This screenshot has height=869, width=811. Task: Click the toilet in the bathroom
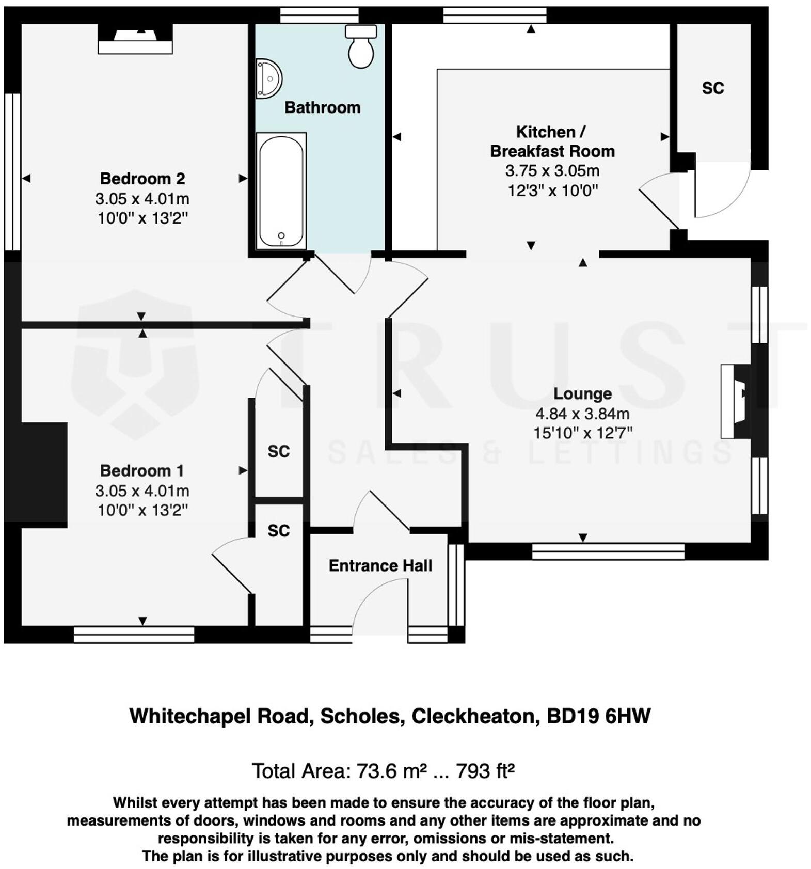(361, 47)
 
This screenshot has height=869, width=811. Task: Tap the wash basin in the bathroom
(268, 78)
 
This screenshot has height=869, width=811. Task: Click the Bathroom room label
(322, 107)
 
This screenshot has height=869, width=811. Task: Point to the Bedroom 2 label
(142, 179)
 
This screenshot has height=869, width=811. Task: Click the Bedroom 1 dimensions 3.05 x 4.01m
(142, 491)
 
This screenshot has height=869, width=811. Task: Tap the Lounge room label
(582, 393)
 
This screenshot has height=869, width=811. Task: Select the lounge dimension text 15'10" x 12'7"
(582, 433)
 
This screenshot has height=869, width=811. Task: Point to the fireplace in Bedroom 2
(135, 40)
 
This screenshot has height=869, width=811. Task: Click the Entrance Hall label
(380, 566)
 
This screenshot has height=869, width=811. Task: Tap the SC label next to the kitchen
(712, 88)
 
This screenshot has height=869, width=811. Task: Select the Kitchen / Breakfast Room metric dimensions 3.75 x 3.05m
(552, 171)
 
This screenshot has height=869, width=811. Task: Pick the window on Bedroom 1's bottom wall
(134, 635)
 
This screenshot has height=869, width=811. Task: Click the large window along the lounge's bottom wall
(608, 551)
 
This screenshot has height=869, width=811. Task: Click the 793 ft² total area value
(485, 771)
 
